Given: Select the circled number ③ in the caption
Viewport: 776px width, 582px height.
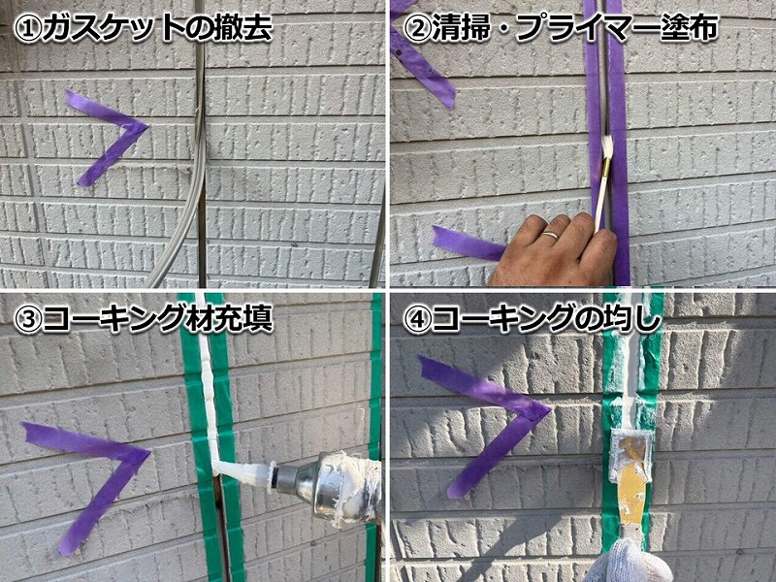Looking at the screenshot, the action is click(28, 321).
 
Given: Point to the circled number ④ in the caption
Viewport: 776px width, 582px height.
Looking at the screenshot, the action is click(417, 321).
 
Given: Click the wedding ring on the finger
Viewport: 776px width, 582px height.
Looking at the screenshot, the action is click(550, 235).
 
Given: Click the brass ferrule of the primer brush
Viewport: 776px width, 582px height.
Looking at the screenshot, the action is click(605, 165).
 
